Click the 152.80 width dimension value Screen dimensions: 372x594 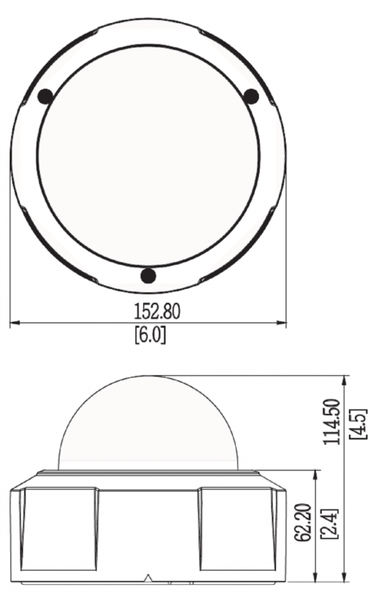click(x=157, y=311)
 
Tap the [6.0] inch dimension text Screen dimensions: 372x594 click(x=150, y=335)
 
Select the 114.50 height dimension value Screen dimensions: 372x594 click(x=330, y=422)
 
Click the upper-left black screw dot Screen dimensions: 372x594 click(x=46, y=96)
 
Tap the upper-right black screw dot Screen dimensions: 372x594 click(x=250, y=96)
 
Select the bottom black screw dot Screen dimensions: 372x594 click(x=148, y=275)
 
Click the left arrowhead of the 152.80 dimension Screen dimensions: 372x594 click(x=15, y=323)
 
